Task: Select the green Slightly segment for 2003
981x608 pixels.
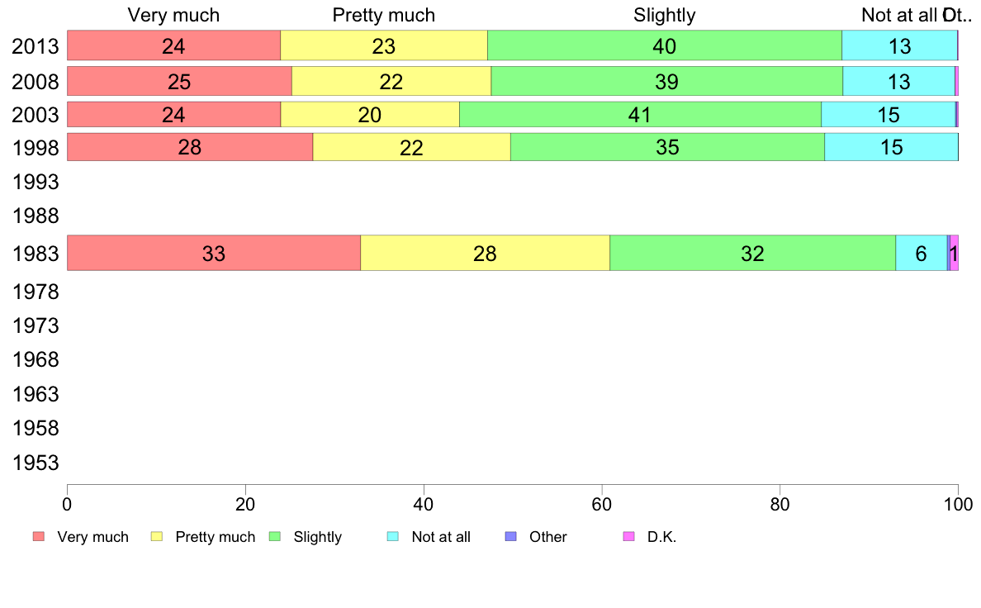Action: coord(578,114)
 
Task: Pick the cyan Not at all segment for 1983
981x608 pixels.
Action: coord(921,253)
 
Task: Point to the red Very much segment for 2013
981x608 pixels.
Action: coord(124,45)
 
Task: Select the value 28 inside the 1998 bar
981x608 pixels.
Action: coord(190,148)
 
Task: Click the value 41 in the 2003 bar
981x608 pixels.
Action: coord(640,115)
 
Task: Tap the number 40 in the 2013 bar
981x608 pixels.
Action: coord(665,46)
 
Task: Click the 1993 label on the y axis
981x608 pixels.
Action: coord(36,181)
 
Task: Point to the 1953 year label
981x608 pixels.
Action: coord(36,463)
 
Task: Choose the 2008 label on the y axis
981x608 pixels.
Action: coord(36,81)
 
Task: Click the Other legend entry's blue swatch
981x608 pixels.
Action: coord(510,537)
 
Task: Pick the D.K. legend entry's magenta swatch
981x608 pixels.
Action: coord(628,537)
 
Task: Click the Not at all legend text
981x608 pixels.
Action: coord(441,537)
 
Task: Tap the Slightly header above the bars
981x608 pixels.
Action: coord(665,15)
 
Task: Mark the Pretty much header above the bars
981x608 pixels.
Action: coord(383,15)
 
